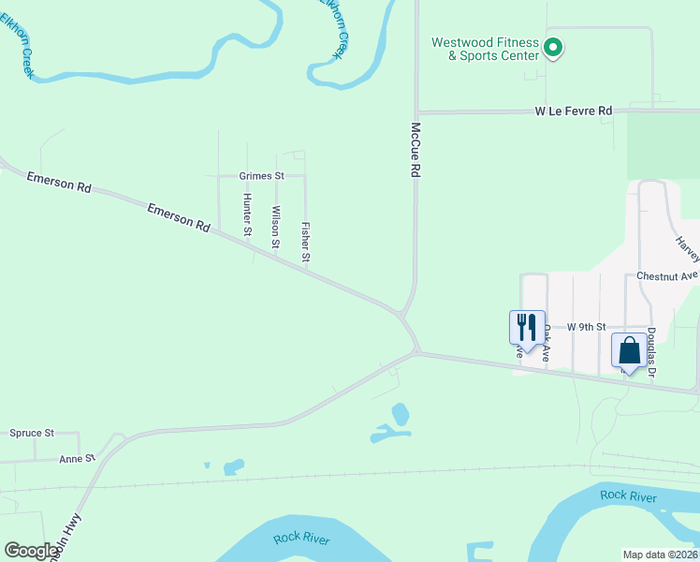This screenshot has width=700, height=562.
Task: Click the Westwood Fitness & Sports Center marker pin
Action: click(552, 47)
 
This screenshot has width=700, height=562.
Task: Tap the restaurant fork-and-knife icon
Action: click(527, 328)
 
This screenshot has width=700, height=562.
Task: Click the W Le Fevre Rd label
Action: click(574, 111)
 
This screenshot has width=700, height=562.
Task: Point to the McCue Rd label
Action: click(416, 150)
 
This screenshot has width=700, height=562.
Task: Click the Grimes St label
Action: click(261, 175)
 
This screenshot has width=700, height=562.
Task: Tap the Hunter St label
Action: click(247, 214)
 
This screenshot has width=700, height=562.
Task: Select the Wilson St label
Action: click(275, 227)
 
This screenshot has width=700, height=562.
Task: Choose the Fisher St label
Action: click(304, 241)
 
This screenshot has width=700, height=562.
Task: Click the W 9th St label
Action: click(587, 327)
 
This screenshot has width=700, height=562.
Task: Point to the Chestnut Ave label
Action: click(667, 276)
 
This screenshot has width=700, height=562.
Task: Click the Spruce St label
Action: click(32, 433)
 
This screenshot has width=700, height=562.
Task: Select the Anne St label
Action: click(78, 458)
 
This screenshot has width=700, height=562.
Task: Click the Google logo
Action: click(32, 551)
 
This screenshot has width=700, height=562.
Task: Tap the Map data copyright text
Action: click(660, 554)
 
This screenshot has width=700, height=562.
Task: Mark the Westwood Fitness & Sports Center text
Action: click(485, 49)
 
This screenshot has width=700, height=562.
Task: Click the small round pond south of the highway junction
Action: click(401, 413)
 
